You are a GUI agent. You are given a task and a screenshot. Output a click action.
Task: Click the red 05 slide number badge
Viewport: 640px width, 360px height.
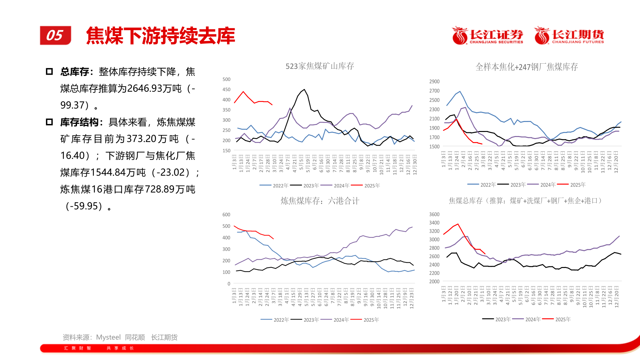(55, 35)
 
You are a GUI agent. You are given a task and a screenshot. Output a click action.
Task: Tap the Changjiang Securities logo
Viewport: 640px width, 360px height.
(487, 36)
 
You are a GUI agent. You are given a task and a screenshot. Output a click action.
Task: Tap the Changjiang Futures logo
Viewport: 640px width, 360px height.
(569, 36)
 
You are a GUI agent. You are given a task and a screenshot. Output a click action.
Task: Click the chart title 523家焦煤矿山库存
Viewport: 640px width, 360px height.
(320, 66)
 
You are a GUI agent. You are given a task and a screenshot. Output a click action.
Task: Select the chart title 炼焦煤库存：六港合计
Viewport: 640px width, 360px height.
(320, 201)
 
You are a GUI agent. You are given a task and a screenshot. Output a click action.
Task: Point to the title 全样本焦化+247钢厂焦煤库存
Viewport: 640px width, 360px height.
(526, 67)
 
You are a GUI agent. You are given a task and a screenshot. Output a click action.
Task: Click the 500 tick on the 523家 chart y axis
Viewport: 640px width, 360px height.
(226, 79)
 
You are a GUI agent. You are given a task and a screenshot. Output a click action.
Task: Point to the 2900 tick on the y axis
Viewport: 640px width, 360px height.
(434, 82)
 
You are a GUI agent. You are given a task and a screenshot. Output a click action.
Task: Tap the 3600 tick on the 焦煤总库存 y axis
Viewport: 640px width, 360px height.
(434, 214)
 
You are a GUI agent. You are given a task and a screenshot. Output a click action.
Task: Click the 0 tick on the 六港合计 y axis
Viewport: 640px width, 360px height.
(229, 284)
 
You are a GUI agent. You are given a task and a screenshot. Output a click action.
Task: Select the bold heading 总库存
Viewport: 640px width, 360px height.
(75, 72)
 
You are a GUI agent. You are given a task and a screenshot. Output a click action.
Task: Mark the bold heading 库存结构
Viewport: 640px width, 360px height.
(79, 122)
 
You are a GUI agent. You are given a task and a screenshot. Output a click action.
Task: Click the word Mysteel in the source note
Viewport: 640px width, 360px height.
(108, 337)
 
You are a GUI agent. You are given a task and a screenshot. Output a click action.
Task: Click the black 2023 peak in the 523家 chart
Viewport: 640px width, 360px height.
(304, 89)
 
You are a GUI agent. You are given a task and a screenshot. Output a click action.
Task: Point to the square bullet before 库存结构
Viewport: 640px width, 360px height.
(49, 122)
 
